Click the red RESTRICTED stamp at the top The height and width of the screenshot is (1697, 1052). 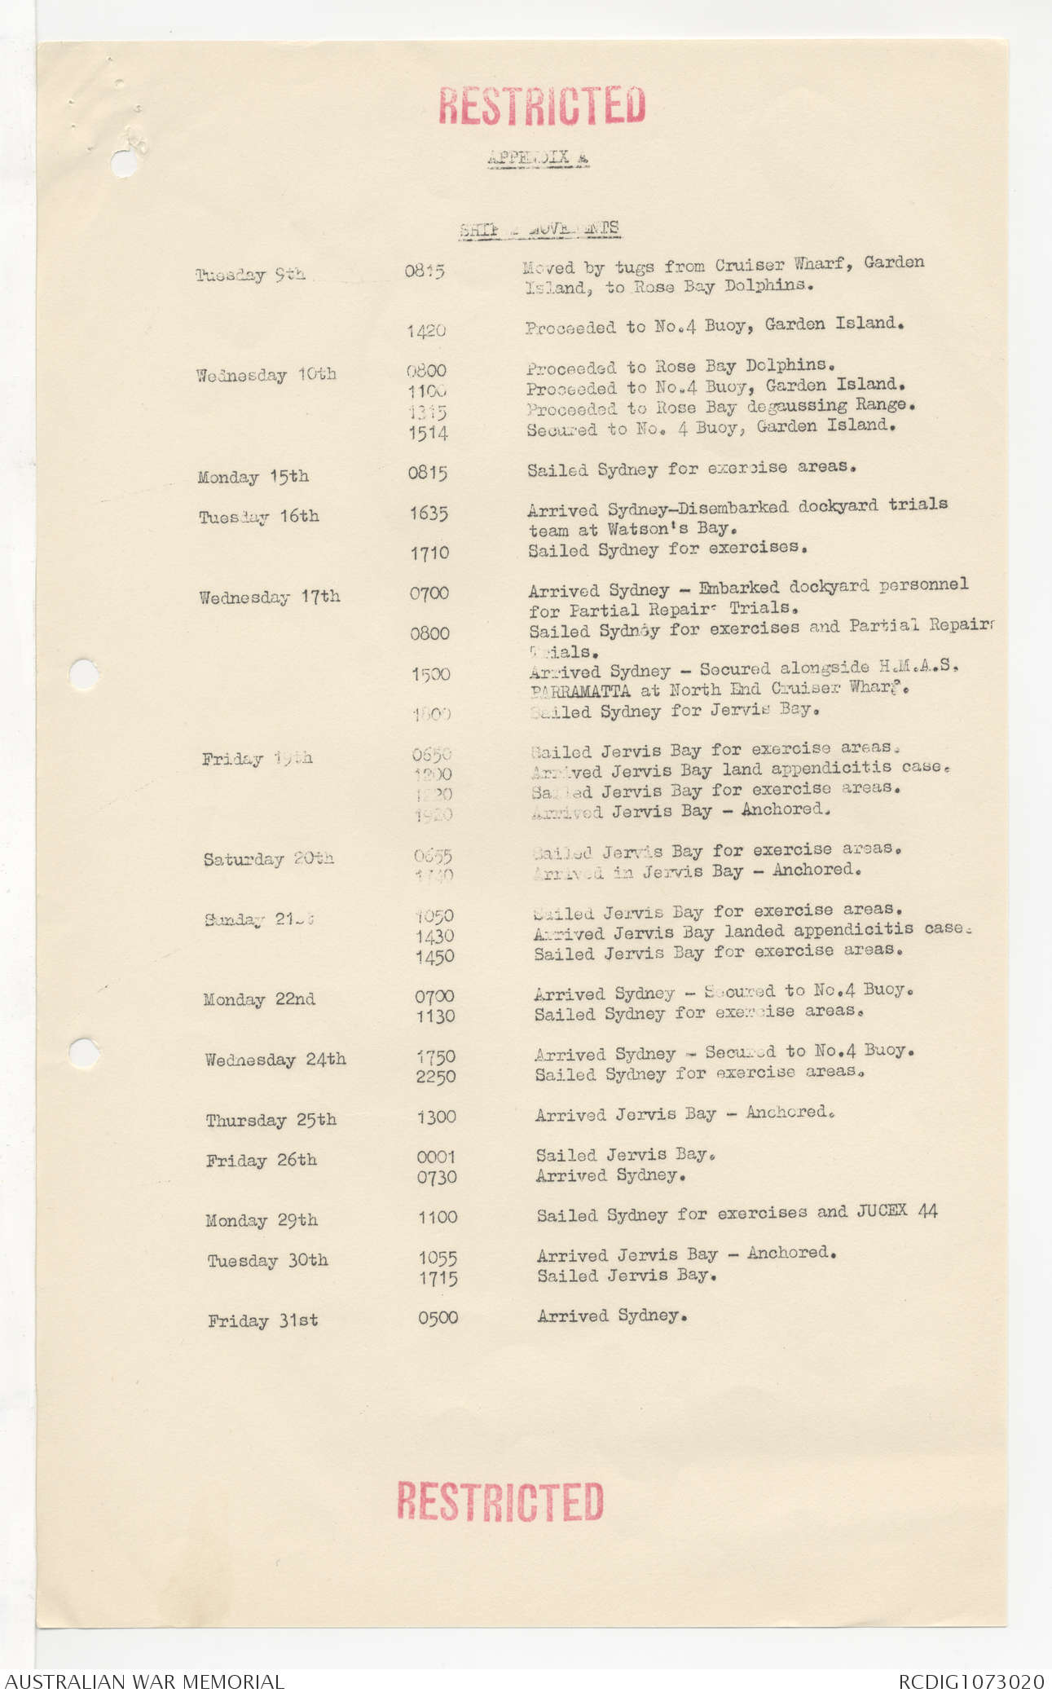pyautogui.click(x=542, y=106)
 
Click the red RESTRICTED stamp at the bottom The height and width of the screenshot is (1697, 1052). pyautogui.click(x=500, y=1501)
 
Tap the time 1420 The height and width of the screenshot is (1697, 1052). pyautogui.click(x=426, y=331)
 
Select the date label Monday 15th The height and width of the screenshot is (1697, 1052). pyautogui.click(x=253, y=477)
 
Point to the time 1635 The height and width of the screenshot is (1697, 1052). pyautogui.click(x=429, y=514)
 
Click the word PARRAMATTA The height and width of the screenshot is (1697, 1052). pyautogui.click(x=579, y=691)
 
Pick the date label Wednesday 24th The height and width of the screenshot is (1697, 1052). pyautogui.click(x=275, y=1060)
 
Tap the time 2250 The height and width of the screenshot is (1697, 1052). pyautogui.click(x=436, y=1077)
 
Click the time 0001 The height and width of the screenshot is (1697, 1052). pyautogui.click(x=436, y=1157)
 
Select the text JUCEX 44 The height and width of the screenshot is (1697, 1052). pyautogui.click(x=896, y=1211)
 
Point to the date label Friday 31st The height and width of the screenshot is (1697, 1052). pyautogui.click(x=262, y=1320)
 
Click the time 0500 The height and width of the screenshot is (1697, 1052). pyautogui.click(x=438, y=1317)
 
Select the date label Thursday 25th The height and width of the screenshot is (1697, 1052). pyautogui.click(x=271, y=1120)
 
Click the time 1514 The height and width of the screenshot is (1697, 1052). pyautogui.click(x=428, y=433)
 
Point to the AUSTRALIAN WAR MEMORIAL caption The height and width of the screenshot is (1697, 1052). pyautogui.click(x=144, y=1681)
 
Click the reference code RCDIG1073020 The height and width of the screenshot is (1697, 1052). pyautogui.click(x=971, y=1681)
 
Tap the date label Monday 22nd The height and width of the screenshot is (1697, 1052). pyautogui.click(x=259, y=999)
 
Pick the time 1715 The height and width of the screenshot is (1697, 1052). pyautogui.click(x=438, y=1279)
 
